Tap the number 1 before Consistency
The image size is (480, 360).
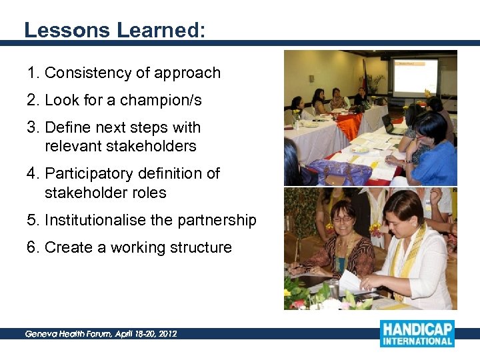(x=31, y=73)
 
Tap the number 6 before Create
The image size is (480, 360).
(x=31, y=247)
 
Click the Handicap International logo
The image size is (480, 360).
(x=417, y=333)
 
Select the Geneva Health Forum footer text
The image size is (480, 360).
(x=101, y=333)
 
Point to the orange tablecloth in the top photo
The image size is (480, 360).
(x=349, y=124)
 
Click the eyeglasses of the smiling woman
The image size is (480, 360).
(x=341, y=218)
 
